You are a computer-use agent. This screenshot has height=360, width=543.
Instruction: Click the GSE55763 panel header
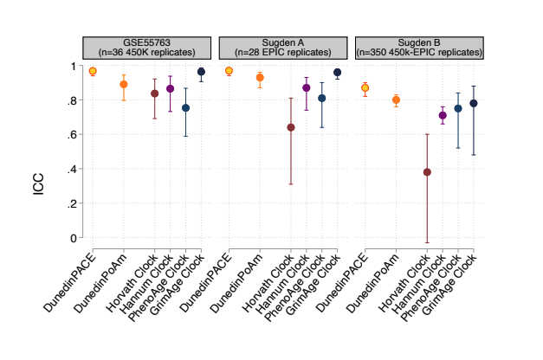point(147,48)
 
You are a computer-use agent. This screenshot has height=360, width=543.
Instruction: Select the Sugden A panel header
point(284,48)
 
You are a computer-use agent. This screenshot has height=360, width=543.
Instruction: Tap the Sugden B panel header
point(420,48)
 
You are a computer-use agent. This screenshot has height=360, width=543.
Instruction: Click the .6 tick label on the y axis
point(68,135)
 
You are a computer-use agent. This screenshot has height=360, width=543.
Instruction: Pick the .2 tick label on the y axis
point(68,203)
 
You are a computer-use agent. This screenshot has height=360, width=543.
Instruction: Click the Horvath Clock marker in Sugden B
point(427,172)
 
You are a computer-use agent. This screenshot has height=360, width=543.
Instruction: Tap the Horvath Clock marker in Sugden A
point(291,127)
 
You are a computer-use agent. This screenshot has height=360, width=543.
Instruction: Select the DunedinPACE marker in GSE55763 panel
point(93,71)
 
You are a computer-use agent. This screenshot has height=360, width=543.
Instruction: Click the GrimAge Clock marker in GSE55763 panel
point(201,72)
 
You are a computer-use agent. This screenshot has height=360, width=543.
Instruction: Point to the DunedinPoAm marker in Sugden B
point(396,100)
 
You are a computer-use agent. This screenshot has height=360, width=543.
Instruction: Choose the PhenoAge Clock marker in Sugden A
point(321,98)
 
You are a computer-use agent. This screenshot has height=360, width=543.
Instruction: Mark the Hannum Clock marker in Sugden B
point(443,115)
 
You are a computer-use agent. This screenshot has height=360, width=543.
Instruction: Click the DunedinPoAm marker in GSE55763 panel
point(124,84)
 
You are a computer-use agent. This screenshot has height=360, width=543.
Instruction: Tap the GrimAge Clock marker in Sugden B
point(474,103)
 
